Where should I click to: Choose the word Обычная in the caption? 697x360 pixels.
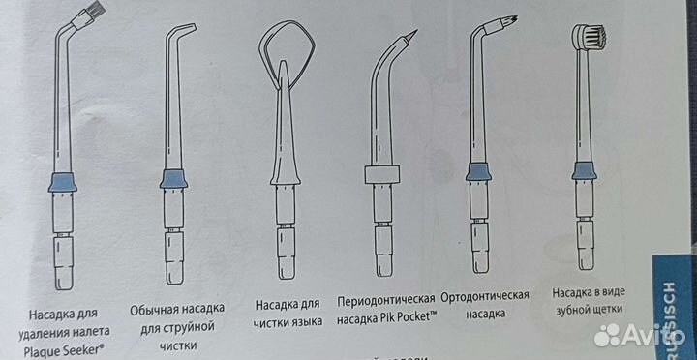tap(158, 311)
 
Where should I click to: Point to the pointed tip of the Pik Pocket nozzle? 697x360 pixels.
tap(414, 35)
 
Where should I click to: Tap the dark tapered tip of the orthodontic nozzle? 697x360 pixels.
tap(506, 18)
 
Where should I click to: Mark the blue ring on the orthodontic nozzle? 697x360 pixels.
tap(476, 171)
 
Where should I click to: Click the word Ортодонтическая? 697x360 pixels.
tap(484, 294)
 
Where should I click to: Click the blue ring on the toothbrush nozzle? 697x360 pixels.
tap(584, 171)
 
